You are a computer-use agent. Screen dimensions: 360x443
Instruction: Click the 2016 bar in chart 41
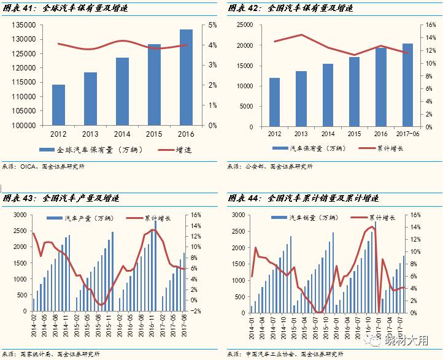click(x=186, y=77)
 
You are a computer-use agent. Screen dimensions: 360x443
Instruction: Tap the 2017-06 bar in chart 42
click(x=408, y=85)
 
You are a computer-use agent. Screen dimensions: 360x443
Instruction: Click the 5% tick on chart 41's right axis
click(x=213, y=25)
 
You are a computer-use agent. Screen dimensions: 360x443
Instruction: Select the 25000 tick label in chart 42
click(x=245, y=25)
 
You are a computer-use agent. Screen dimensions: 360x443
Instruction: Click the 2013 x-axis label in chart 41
click(x=90, y=133)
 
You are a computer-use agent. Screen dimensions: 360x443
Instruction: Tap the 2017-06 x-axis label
click(x=408, y=133)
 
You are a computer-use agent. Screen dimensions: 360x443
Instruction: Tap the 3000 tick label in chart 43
click(x=20, y=215)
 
